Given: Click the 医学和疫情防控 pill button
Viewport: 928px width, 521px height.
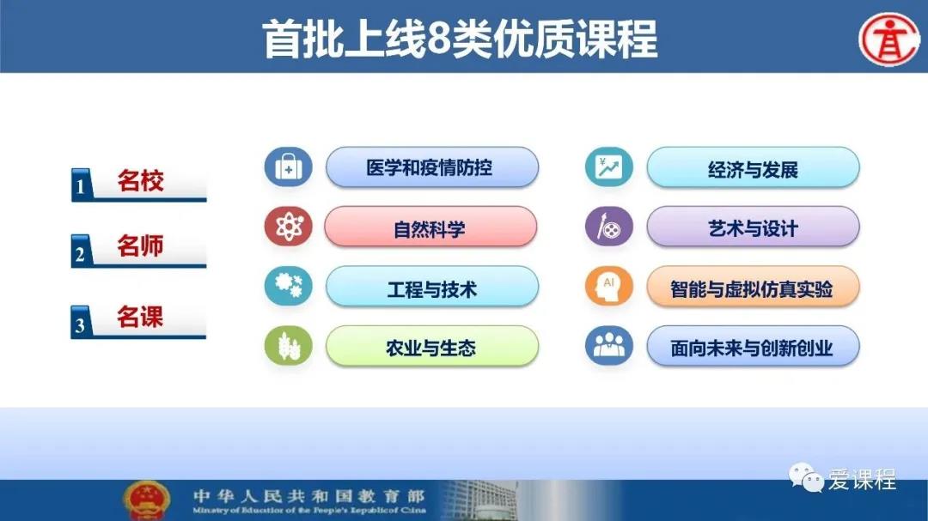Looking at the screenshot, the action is [432, 167].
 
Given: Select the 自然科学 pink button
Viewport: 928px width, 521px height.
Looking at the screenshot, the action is [430, 227].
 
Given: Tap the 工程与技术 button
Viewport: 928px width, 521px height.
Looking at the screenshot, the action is [432, 287].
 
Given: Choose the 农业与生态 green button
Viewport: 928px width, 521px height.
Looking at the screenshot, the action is [432, 347].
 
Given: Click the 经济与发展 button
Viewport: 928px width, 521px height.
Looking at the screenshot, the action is [753, 168].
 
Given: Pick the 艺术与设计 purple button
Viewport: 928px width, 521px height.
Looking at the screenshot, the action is [753, 227].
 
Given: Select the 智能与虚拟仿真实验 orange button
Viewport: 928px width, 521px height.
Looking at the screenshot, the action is [753, 287].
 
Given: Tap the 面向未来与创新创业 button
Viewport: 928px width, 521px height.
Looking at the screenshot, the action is [753, 347].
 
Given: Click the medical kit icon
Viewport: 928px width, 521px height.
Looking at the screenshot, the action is [288, 167].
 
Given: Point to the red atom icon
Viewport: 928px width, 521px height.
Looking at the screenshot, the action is [288, 227].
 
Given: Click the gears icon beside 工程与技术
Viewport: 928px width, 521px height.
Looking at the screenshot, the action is [288, 286].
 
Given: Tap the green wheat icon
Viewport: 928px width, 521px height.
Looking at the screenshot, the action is [288, 346].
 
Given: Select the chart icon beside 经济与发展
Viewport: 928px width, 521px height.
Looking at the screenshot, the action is [609, 167].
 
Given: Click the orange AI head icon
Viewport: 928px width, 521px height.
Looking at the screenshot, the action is [609, 286].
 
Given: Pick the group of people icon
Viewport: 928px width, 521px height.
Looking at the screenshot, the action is [609, 346].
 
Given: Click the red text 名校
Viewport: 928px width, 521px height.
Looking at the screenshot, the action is [140, 180].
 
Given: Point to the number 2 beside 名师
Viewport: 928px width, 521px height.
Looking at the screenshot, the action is [80, 254].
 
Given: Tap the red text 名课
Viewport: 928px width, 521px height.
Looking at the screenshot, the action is [140, 317].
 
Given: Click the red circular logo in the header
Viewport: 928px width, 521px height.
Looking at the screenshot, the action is [888, 39].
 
